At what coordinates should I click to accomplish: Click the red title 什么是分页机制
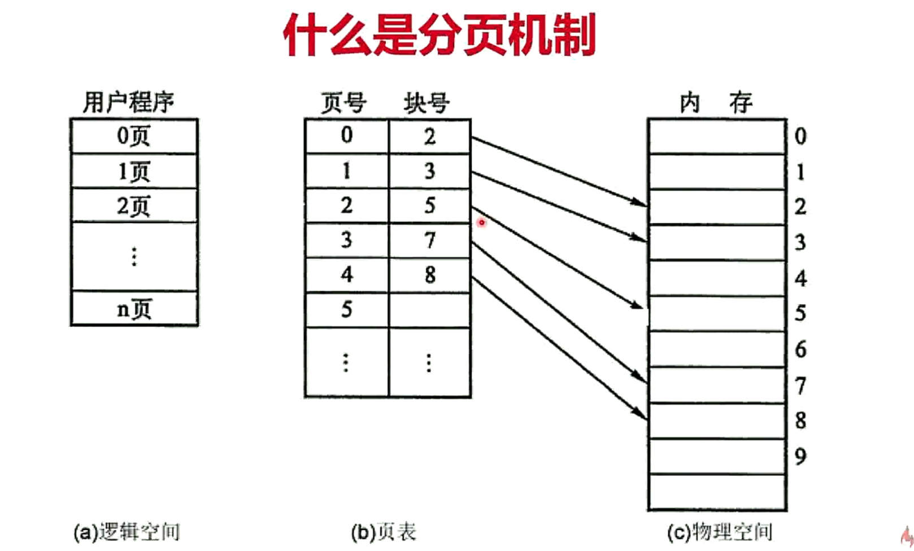point(439,35)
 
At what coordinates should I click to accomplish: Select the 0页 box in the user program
point(134,136)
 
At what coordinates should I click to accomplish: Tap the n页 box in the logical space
point(134,309)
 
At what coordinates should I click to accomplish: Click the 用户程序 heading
point(129,102)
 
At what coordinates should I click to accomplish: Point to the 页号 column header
point(343,103)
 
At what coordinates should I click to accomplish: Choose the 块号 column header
point(426,103)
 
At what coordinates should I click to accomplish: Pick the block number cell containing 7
point(429,241)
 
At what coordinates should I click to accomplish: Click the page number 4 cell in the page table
point(346,275)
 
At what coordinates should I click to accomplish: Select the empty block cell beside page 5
point(429,310)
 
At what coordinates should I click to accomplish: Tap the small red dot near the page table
point(481,222)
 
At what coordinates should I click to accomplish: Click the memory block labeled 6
point(717,349)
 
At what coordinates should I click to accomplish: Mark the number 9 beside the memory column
point(800,456)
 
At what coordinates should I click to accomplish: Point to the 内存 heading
point(716,103)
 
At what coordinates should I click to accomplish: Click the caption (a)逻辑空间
point(127,532)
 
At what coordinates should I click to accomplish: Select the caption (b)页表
point(384,532)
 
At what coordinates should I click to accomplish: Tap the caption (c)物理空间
point(720,532)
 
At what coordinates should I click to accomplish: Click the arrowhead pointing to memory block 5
point(638,306)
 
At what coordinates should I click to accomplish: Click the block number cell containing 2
point(429,137)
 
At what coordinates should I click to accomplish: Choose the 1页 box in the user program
point(134,171)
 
